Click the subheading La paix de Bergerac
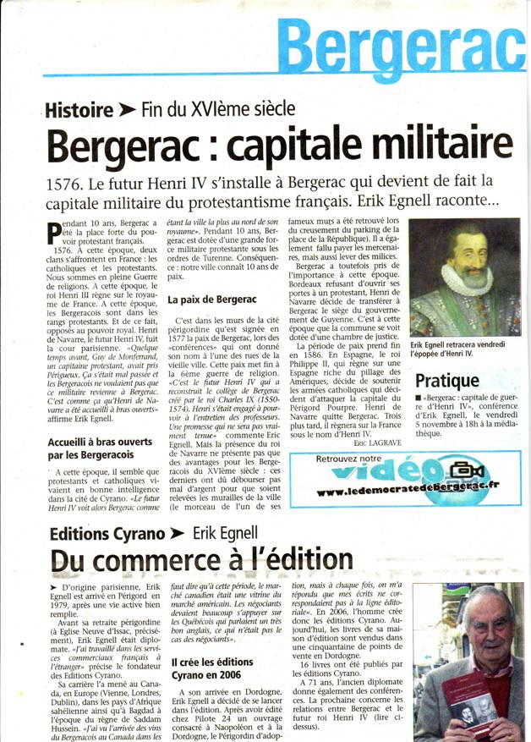coord(205,300)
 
